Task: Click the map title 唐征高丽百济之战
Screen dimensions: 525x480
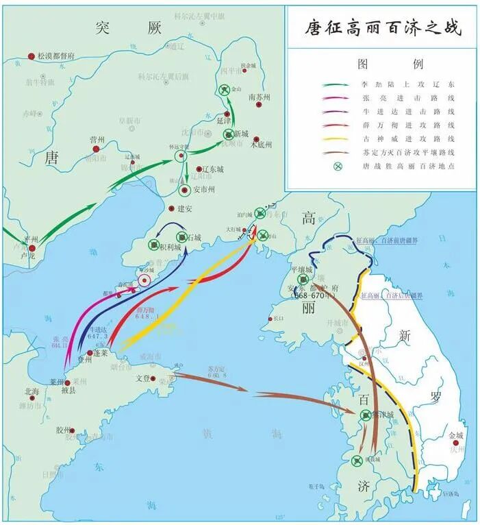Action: pyautogui.click(x=383, y=28)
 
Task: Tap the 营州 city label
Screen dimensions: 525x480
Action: pyautogui.click(x=97, y=139)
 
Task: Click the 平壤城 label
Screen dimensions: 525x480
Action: pyautogui.click(x=301, y=270)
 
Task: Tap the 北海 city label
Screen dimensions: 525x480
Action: pyautogui.click(x=31, y=392)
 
